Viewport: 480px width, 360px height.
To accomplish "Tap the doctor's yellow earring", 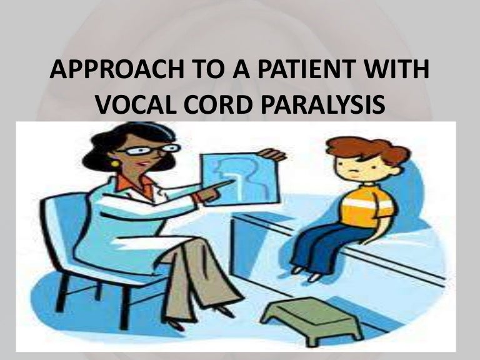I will [115, 164].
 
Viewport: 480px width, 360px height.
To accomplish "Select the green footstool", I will [294, 309].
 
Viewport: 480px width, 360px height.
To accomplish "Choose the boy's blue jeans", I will [325, 244].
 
